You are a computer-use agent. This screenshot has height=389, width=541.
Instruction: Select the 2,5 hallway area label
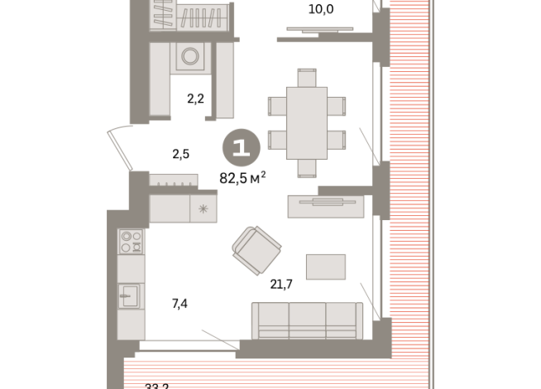(x=180, y=154)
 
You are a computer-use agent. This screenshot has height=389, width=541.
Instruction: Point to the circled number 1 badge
(x=242, y=149)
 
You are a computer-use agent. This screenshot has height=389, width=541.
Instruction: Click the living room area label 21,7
(x=283, y=284)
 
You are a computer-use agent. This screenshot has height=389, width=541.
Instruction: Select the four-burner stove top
(x=131, y=241)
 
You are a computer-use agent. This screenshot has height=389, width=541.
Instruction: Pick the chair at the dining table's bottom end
(x=306, y=168)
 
